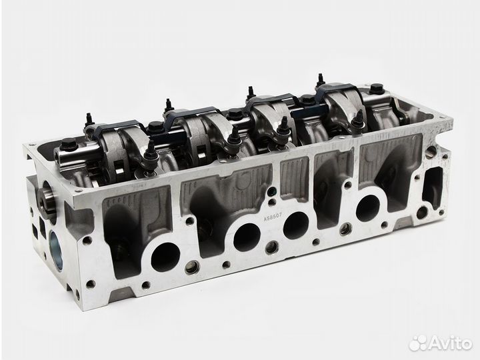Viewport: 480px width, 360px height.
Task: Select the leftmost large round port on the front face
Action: pos(165,257)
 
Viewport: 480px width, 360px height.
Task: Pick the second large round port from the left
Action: pos(247,237)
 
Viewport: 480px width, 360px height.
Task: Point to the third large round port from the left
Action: pos(296,225)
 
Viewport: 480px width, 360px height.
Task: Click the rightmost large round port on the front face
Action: pos(368,207)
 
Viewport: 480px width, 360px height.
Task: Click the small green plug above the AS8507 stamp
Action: pos(271,193)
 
